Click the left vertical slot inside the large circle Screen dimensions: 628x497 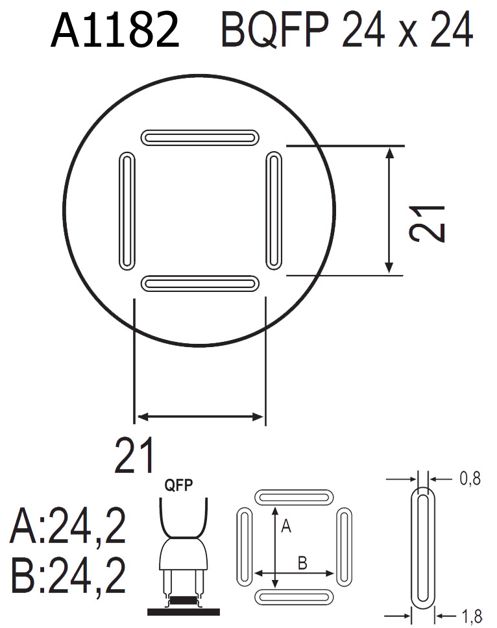pyautogui.click(x=127, y=210)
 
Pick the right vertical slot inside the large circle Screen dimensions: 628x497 pyautogui.click(x=275, y=210)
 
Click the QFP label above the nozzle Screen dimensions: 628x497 pyautogui.click(x=179, y=487)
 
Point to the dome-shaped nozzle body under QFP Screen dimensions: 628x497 pyautogui.click(x=182, y=555)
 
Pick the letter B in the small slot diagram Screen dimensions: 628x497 pyautogui.click(x=302, y=563)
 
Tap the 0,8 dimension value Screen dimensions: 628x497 pyautogui.click(x=470, y=479)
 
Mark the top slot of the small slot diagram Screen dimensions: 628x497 pyautogui.click(x=295, y=497)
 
